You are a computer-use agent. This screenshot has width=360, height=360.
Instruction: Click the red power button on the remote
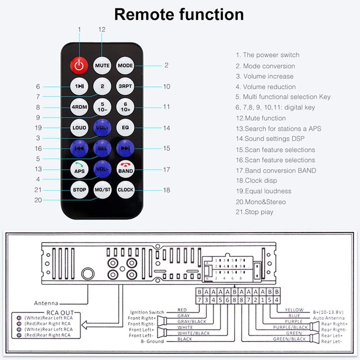point(79,65)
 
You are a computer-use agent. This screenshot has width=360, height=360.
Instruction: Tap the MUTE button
point(102,65)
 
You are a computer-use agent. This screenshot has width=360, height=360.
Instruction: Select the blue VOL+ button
point(102,128)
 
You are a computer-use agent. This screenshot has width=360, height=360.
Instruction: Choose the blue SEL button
point(102,148)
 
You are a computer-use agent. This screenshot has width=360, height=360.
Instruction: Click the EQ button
point(126,128)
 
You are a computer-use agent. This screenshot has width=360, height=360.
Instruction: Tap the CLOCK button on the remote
point(126,190)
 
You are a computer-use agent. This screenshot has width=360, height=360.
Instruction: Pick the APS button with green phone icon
point(79,169)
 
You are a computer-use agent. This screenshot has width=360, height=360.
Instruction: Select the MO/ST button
point(103,190)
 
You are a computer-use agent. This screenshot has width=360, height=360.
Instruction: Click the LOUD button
point(79,128)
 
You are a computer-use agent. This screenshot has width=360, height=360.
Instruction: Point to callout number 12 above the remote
point(102,30)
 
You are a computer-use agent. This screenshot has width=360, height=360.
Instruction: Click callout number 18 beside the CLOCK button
point(166,190)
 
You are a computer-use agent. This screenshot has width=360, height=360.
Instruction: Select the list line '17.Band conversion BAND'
point(276,171)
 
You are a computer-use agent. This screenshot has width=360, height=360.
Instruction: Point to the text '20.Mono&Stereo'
point(261,202)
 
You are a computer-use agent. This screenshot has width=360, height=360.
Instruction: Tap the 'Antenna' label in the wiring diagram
point(46,303)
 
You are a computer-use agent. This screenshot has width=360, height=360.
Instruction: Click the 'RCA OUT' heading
point(60,313)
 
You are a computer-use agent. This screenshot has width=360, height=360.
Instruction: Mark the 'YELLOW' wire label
point(294,310)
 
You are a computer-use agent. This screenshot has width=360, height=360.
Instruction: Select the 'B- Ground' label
point(152,341)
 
